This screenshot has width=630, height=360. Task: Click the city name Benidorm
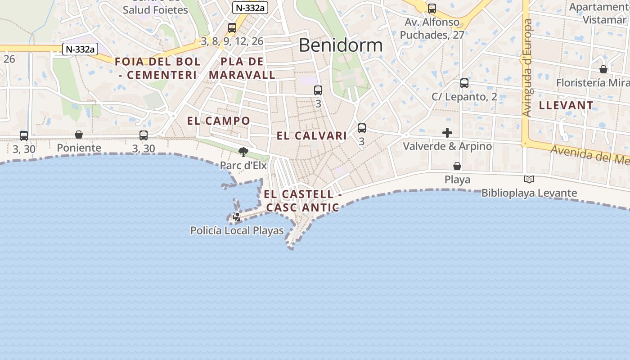click(341, 45)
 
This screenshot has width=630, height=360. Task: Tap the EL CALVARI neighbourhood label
click(312, 136)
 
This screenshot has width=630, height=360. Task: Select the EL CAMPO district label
click(219, 121)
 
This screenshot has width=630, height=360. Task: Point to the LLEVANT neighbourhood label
click(566, 106)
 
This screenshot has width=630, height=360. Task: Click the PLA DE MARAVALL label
click(242, 68)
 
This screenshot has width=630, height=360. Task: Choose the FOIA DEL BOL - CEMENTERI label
click(157, 68)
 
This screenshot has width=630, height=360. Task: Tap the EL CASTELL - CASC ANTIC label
click(302, 201)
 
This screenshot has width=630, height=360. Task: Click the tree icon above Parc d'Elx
click(243, 152)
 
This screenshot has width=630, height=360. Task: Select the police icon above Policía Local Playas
click(236, 218)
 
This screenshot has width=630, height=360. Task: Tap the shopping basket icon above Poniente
click(79, 135)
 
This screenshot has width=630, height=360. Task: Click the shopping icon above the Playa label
click(457, 166)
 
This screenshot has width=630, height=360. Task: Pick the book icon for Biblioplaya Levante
click(529, 180)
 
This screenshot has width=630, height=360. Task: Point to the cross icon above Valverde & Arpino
click(447, 133)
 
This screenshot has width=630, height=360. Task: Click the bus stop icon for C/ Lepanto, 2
click(464, 83)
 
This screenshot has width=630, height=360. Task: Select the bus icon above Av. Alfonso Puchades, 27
click(432, 9)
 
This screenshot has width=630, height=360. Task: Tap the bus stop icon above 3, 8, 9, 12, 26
click(232, 28)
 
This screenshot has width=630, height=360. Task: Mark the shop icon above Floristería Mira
click(603, 69)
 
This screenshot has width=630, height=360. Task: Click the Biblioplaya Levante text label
click(529, 193)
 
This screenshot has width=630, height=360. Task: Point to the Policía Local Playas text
click(237, 231)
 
